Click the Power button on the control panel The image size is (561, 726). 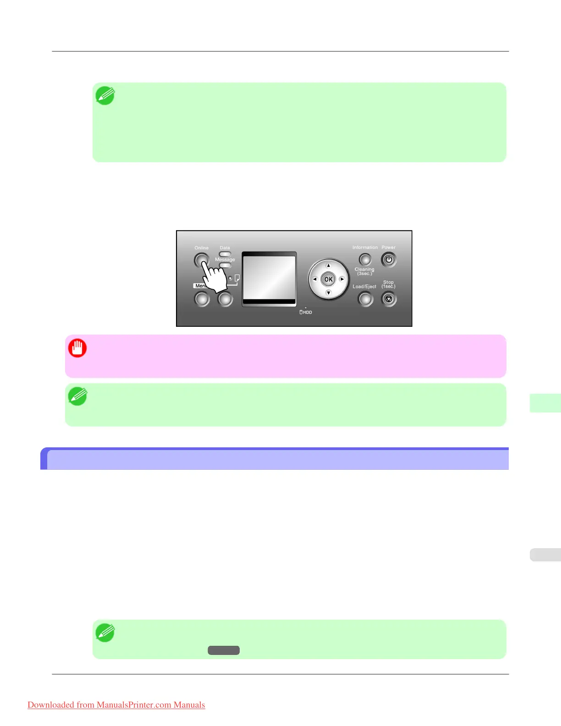(x=389, y=259)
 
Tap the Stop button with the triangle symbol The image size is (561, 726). (x=389, y=299)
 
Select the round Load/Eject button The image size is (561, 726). (x=365, y=299)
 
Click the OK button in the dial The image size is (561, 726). (x=328, y=279)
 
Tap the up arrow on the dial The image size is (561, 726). (x=328, y=266)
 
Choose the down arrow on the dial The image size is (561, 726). (x=328, y=292)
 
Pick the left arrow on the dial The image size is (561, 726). (x=315, y=279)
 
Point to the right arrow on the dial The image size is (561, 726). (x=341, y=279)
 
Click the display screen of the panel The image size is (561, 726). (x=269, y=278)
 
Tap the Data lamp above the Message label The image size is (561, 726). (x=225, y=254)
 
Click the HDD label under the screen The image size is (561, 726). (x=306, y=312)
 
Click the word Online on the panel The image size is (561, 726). (x=201, y=248)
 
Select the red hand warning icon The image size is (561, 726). (x=77, y=348)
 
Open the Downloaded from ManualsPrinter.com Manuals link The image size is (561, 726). (x=116, y=705)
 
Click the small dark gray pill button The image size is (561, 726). (x=224, y=650)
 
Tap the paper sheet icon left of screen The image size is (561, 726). (x=237, y=278)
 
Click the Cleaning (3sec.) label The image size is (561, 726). (x=364, y=271)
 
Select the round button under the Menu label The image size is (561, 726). (x=202, y=299)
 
